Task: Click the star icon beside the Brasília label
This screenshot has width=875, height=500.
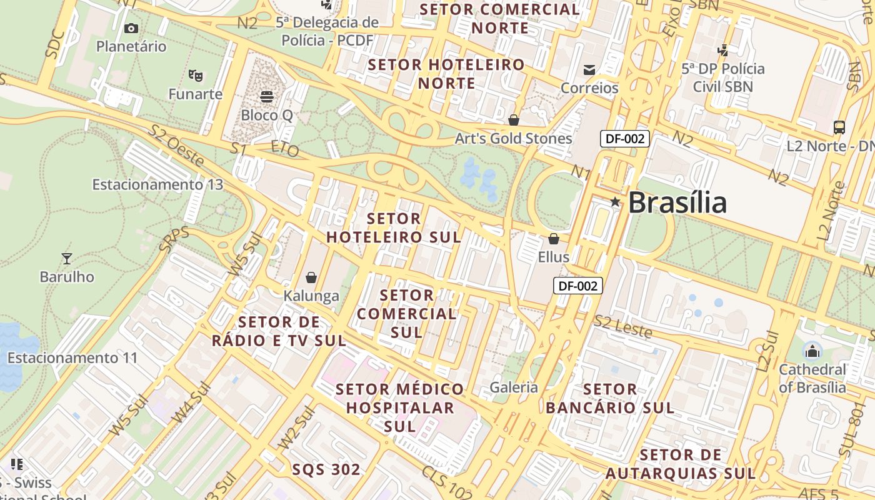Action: (x=615, y=202)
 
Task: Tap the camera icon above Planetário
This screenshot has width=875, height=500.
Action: (x=131, y=28)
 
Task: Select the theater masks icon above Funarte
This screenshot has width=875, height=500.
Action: (x=196, y=76)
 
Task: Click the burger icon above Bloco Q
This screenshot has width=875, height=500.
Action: (x=267, y=97)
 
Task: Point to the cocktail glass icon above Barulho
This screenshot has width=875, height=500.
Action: (x=67, y=258)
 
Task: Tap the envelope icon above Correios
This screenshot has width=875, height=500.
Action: (x=589, y=69)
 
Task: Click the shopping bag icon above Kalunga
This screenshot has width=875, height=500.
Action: (x=311, y=277)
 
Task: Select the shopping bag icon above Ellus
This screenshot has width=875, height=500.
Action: (x=553, y=239)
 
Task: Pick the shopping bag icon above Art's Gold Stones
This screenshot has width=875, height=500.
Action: (x=514, y=119)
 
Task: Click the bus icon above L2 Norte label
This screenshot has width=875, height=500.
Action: (x=839, y=127)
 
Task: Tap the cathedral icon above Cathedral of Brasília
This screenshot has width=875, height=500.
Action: (x=812, y=351)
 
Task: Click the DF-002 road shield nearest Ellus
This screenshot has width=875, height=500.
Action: (x=578, y=286)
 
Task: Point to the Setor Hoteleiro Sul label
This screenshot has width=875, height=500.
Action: (x=394, y=228)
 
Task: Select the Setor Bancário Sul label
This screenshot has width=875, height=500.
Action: (x=610, y=399)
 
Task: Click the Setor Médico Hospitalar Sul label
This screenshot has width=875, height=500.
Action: (x=400, y=407)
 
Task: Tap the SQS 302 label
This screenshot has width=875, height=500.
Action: (x=326, y=469)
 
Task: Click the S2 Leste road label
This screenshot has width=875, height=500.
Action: (x=622, y=327)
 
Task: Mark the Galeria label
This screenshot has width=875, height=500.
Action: (x=514, y=387)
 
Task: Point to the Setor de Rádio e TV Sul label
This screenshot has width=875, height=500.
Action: (x=279, y=331)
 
